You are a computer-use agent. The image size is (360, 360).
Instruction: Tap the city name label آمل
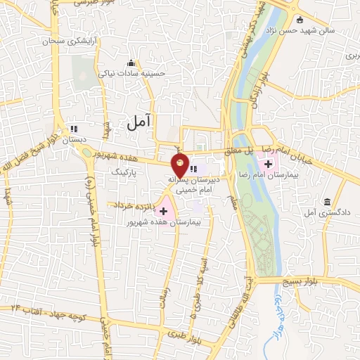point(140,122)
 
